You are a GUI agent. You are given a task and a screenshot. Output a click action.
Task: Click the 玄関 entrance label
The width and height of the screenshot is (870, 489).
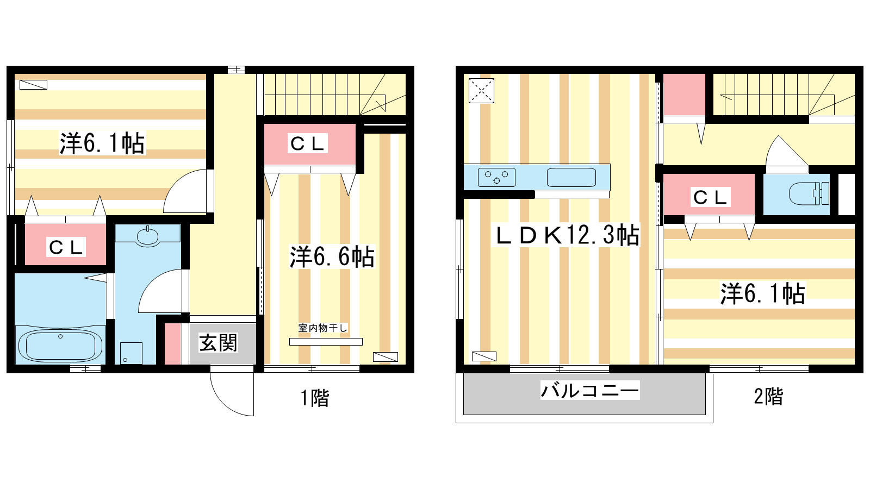click(x=218, y=343)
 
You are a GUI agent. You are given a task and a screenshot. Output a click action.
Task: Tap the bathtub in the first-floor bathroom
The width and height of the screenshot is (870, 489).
click(x=60, y=344)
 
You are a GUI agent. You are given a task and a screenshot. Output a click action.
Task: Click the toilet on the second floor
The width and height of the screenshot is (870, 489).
click(x=809, y=193)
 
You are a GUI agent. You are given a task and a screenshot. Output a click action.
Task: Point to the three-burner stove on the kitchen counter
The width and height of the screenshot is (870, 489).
click(x=496, y=177)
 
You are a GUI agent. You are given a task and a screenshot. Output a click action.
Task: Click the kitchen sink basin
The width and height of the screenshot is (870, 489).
click(x=571, y=177)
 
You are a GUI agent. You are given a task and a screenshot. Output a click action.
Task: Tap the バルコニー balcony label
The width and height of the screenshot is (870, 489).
click(x=590, y=390)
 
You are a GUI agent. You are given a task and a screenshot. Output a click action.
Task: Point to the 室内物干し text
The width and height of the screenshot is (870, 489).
click(x=322, y=328)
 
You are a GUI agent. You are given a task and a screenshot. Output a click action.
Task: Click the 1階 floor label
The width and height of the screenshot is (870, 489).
click(x=315, y=398)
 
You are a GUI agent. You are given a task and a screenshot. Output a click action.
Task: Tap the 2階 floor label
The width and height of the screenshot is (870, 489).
click(x=768, y=397)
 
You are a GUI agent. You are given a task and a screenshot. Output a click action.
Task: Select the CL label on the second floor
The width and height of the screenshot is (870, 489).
click(x=710, y=198)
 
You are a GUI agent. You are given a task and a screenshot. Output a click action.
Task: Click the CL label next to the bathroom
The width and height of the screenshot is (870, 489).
click(x=66, y=247)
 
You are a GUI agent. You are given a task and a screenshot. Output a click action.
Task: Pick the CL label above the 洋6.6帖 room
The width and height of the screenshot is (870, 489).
click(x=307, y=143)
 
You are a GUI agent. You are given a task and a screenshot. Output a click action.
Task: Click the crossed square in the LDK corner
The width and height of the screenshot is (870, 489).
click(x=481, y=91)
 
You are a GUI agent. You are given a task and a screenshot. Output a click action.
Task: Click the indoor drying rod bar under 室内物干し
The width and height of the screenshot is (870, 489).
click(x=326, y=342)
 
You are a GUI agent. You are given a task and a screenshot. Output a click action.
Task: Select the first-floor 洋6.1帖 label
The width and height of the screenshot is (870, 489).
click(x=102, y=143)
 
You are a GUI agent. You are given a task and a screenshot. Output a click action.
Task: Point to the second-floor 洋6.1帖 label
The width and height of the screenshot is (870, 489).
click(x=763, y=293)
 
